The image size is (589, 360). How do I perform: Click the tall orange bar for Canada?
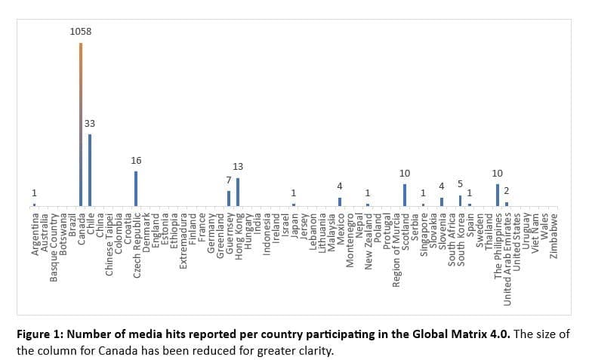pos(81,125)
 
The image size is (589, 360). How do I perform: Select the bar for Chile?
pos(90,170)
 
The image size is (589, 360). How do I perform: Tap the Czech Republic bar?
pos(136,188)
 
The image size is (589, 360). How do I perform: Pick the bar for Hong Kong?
pos(238,192)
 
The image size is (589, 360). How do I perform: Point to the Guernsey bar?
pos(229,198)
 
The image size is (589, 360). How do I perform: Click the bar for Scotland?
pos(405,195)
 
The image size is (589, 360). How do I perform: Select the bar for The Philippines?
pos(498,195)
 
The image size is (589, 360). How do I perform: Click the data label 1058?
pos(81,32)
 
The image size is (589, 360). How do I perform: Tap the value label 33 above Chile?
pos(90,123)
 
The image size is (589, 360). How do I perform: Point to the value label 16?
pos(136,160)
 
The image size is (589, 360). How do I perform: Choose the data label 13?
pos(238,166)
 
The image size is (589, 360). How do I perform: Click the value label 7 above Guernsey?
pos(228,180)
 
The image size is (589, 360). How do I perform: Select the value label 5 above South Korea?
pos(460,183)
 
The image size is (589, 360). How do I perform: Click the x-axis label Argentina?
pos(35,234)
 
